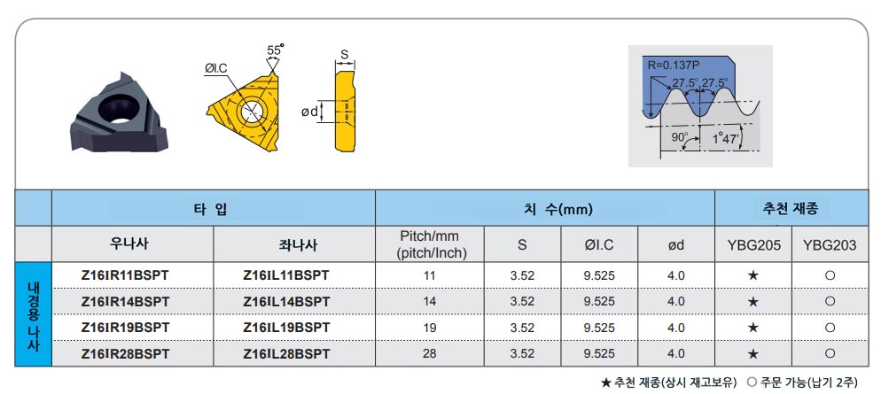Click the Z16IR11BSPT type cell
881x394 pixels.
coord(125,275)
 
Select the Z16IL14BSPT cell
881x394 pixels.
coord(286,301)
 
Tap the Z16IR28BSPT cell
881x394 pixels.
coord(125,354)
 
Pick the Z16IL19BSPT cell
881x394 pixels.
coord(286,328)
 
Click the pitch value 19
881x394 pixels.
coord(430,328)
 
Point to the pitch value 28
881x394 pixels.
coord(430,354)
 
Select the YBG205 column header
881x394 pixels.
coord(753,244)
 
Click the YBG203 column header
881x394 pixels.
coord(830,244)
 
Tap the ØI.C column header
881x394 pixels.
coord(599,244)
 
